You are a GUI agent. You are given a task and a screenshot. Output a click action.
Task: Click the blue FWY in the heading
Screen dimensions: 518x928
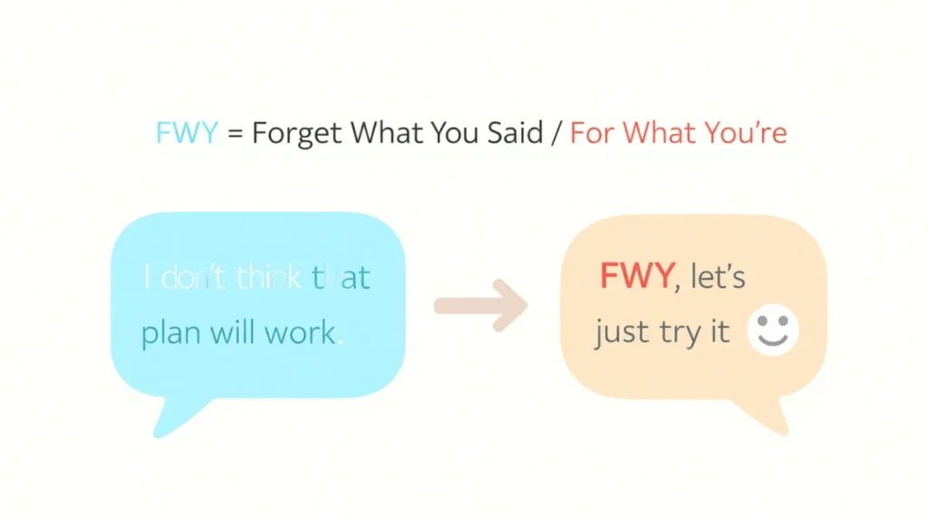pos(187,134)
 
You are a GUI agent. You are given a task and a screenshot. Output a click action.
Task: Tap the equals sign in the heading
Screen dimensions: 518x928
pos(235,135)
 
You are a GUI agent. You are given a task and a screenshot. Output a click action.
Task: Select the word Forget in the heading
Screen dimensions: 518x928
pos(297,135)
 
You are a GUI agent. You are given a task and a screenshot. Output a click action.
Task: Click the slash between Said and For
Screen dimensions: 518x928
pos(556,135)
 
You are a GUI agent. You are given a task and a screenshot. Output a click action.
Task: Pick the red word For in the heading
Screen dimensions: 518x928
pos(592,134)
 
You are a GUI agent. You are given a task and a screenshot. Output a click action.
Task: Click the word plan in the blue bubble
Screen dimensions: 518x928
pos(171,333)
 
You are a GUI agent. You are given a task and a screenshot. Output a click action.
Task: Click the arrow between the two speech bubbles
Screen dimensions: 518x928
pos(480,304)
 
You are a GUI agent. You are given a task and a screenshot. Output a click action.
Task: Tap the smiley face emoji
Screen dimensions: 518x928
pos(772,330)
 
